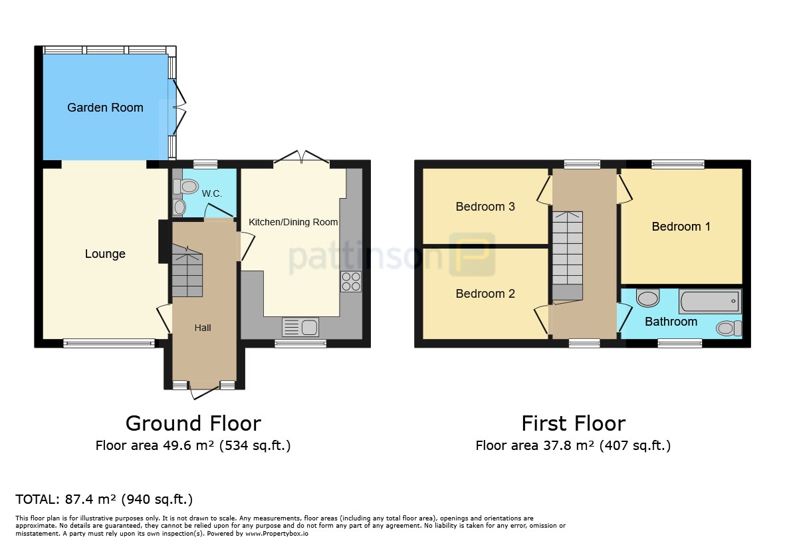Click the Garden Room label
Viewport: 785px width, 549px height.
[105, 108]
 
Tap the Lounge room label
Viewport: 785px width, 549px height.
[105, 255]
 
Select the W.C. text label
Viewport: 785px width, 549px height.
[212, 193]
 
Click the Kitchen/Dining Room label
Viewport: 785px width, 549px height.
[293, 222]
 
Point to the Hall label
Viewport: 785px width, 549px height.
[203, 328]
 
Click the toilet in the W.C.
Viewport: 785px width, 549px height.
[185, 187]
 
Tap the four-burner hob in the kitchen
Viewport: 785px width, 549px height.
[351, 281]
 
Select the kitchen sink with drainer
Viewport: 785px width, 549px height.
[300, 327]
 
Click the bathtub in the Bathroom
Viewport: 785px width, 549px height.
[710, 301]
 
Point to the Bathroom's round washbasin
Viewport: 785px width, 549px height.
[648, 298]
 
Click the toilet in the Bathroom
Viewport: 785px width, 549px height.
[729, 328]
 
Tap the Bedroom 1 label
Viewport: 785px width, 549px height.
[681, 227]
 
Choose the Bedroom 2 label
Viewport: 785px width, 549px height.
[485, 294]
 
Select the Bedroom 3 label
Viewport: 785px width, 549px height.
[485, 207]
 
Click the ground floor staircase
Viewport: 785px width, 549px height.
[187, 271]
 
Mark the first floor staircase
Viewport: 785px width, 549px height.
[567, 256]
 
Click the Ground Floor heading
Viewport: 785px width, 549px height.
[193, 423]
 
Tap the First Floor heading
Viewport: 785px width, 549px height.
[574, 423]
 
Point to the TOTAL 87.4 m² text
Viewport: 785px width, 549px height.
[104, 499]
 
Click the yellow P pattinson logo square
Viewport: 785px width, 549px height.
[472, 255]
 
